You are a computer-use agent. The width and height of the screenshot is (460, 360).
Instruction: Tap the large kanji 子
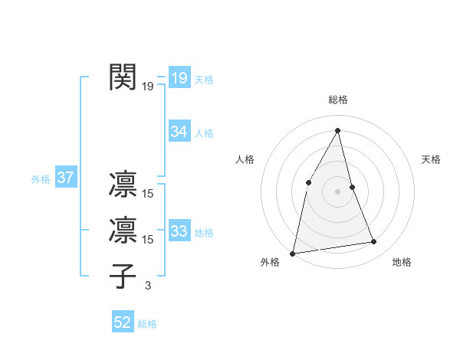124,274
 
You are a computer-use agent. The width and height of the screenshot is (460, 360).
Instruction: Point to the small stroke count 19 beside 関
148,87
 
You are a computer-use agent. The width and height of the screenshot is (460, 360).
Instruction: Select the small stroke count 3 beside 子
148,286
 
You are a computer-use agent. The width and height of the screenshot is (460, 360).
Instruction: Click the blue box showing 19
179,78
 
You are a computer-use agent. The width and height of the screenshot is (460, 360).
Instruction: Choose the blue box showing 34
179,132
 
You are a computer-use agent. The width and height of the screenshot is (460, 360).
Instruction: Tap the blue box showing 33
179,231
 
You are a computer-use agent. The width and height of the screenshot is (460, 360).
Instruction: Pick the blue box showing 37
65,178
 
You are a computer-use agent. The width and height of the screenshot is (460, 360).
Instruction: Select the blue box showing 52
123,323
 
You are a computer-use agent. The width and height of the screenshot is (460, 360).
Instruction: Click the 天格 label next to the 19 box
204,80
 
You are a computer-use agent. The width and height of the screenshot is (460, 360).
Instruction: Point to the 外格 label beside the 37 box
41,180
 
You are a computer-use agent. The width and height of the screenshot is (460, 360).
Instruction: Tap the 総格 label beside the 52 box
147,325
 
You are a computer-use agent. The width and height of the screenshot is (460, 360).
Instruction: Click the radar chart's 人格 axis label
245,159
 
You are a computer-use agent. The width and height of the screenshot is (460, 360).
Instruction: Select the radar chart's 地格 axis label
402,262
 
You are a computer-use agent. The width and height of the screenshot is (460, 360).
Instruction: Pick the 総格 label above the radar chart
337,100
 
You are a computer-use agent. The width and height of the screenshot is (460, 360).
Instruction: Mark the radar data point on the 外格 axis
293,253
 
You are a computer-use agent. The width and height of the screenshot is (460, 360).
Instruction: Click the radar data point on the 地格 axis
374,242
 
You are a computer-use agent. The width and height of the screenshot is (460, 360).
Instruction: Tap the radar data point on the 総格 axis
337,130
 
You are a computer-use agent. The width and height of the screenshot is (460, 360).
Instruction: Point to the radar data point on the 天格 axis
352,187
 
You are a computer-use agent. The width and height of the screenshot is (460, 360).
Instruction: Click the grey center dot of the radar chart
337,191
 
